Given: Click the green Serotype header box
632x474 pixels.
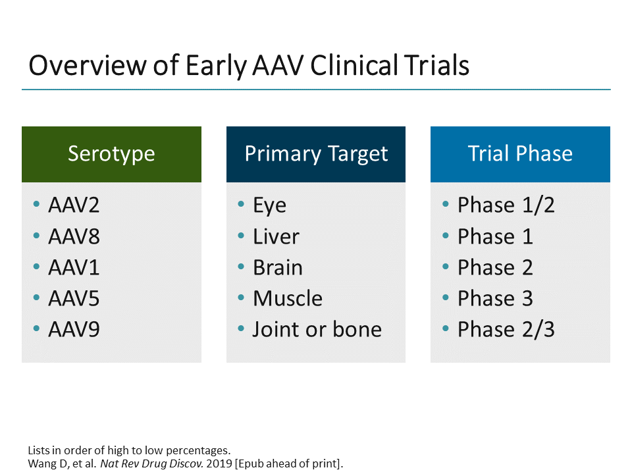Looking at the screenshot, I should (111, 154).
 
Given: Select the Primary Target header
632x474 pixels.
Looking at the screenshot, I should (316, 154).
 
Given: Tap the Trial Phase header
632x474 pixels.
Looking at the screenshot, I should (520, 154).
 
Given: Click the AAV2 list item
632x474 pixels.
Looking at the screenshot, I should (74, 205).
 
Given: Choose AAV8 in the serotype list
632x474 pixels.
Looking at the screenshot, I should (74, 236).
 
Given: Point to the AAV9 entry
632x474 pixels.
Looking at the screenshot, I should (74, 329).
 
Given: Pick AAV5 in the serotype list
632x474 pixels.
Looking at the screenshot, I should (74, 298).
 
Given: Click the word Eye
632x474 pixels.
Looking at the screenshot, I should (269, 205).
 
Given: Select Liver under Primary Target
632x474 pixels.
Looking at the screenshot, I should (276, 236).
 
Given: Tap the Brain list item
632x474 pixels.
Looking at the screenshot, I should (278, 268).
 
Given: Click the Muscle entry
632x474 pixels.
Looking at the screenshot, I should (288, 298).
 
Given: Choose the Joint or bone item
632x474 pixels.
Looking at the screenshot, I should (317, 329).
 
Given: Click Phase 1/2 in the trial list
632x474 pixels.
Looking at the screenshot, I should (506, 205).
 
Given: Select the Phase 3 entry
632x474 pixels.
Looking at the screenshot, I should (495, 298).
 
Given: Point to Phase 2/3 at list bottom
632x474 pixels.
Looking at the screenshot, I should (506, 329).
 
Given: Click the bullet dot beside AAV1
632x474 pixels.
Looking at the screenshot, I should (36, 267).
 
